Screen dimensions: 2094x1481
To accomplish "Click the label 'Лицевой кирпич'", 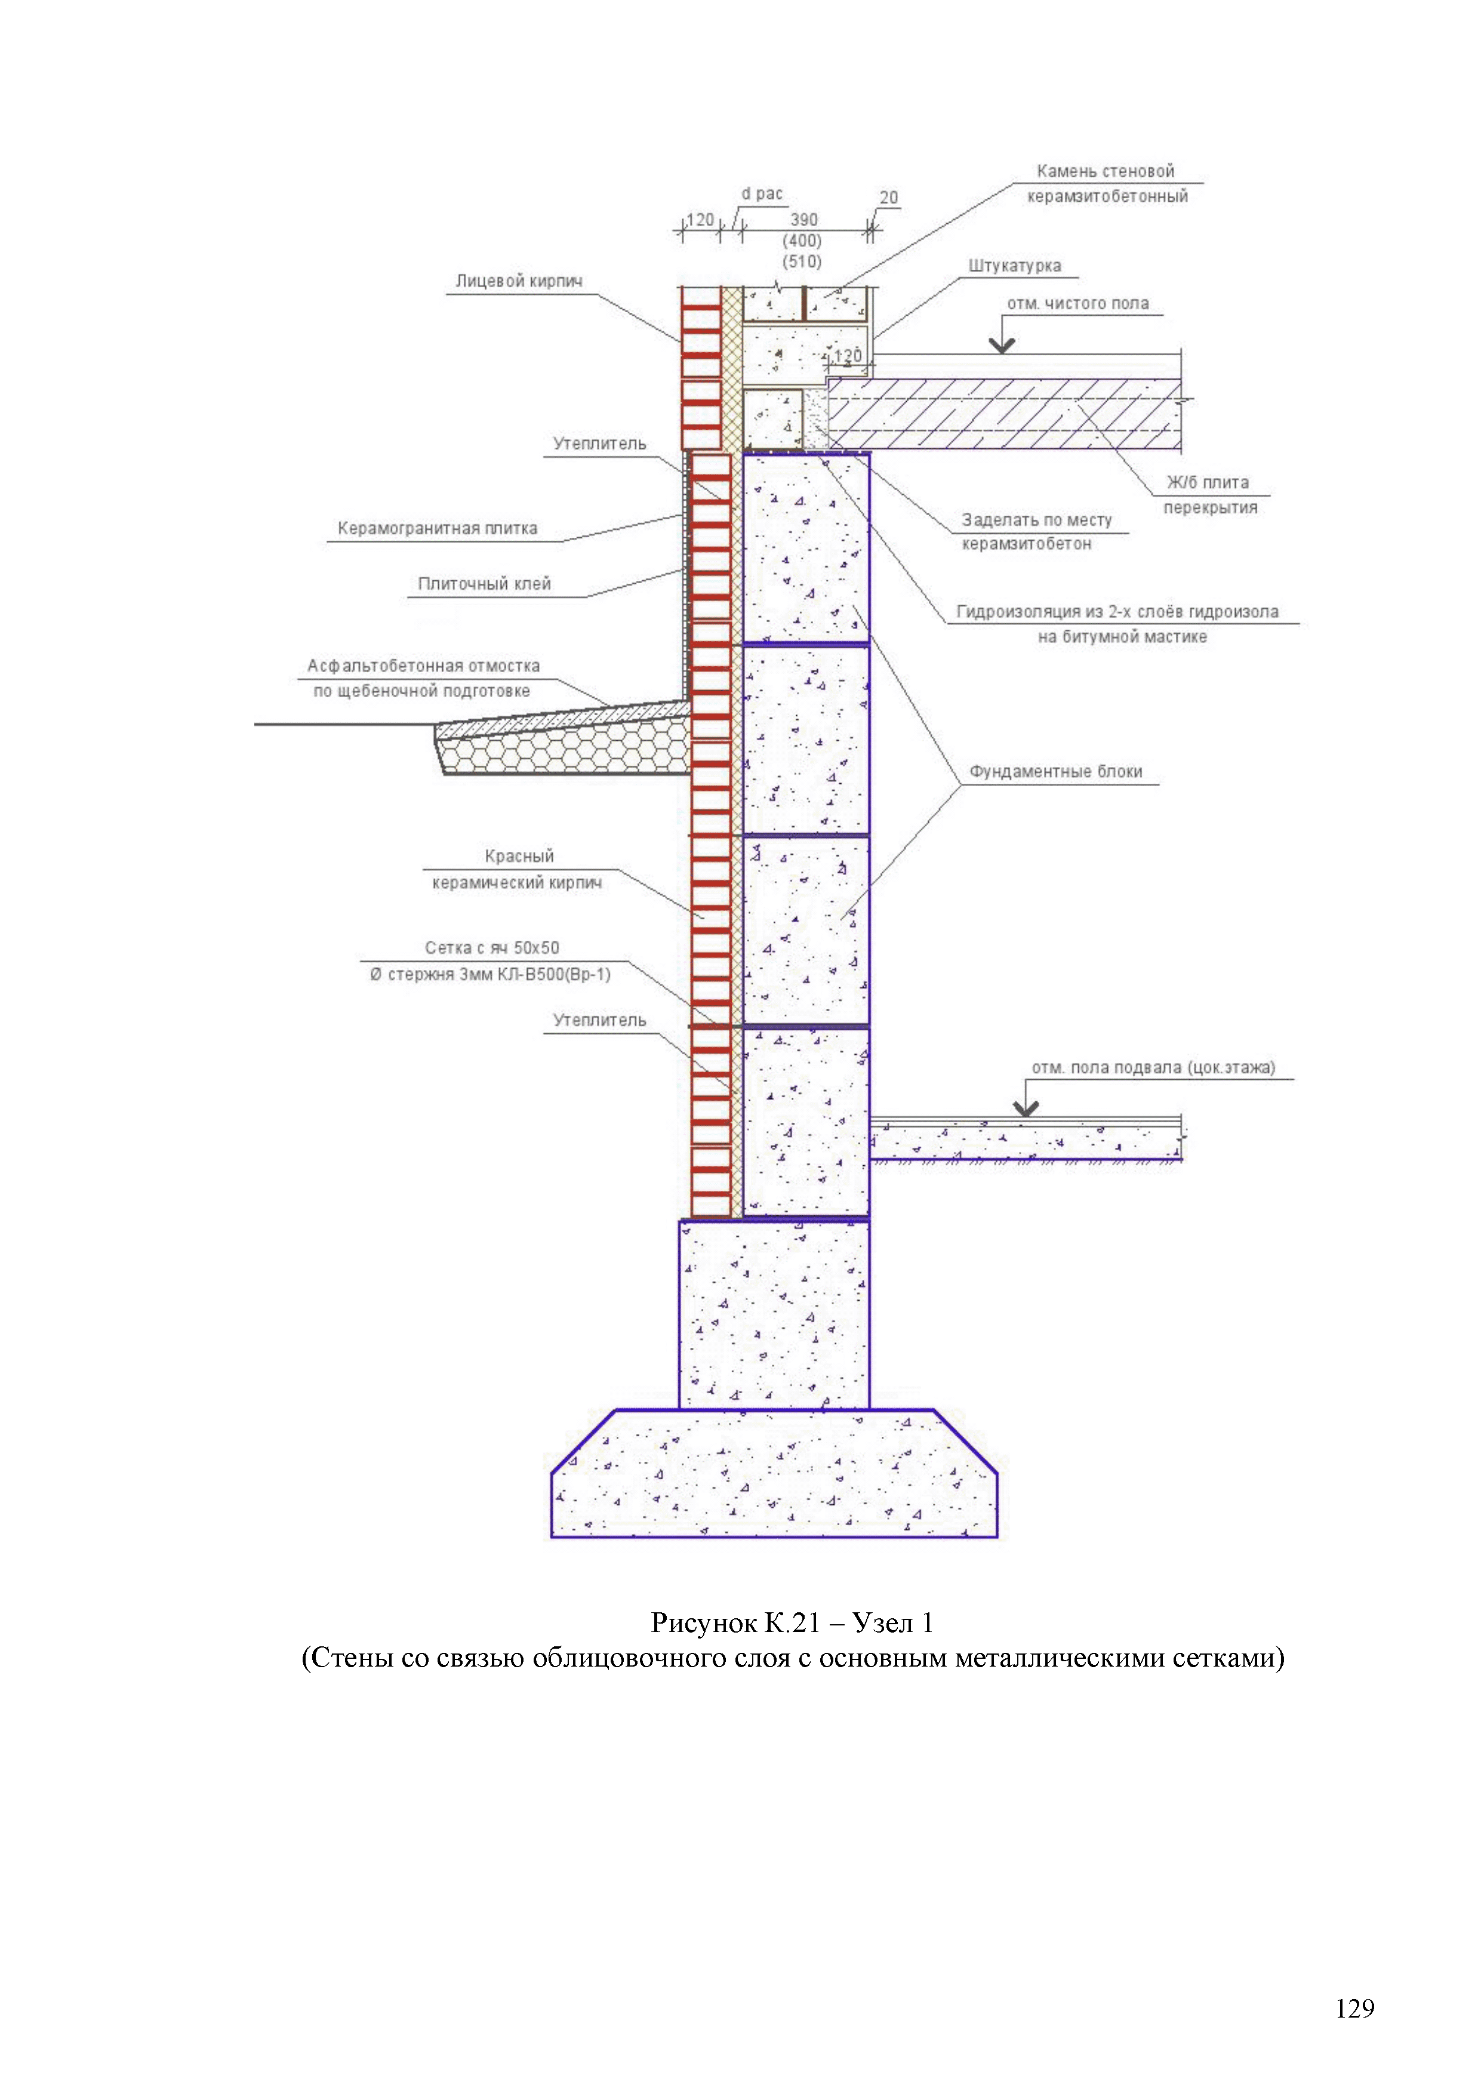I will coord(518,282).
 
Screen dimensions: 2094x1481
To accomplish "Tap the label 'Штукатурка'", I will coord(1014,266).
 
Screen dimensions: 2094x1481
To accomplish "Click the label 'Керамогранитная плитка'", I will coord(437,529).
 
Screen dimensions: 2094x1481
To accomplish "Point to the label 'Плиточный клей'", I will coord(484,584).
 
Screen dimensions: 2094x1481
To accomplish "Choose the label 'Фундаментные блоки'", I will coord(1055,772).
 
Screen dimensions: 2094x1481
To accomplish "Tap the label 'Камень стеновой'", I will coord(1106,171).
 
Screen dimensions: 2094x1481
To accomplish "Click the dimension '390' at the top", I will coord(803,220).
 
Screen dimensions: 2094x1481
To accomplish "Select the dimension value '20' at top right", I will coord(888,198).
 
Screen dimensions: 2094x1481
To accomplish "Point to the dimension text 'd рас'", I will coord(762,194).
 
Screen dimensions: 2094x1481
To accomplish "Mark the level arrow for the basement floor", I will coord(1026,1108).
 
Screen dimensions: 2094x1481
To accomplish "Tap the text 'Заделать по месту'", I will coord(1037,521).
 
